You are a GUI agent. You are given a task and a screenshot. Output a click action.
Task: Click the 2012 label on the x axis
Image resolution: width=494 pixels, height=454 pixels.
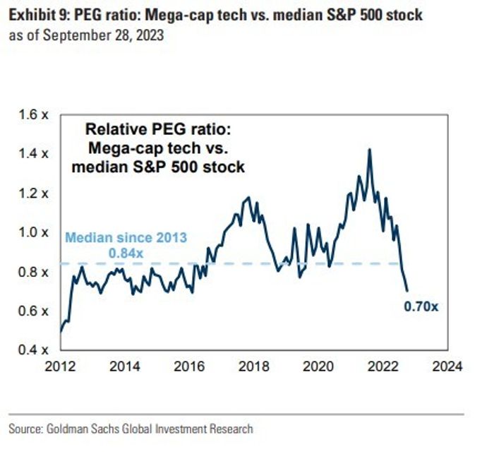click(x=60, y=366)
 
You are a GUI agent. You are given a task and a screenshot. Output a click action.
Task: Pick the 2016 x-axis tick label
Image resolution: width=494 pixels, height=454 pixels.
click(x=188, y=366)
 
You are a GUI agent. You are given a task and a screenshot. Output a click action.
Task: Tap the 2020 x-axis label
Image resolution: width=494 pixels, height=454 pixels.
click(x=318, y=366)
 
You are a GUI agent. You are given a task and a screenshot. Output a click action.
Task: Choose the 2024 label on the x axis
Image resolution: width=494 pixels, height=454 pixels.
click(x=447, y=366)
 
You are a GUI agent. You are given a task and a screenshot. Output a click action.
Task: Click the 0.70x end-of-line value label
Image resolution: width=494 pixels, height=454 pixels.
click(x=421, y=306)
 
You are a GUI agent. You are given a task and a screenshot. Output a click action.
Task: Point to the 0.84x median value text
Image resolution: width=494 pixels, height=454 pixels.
click(x=126, y=252)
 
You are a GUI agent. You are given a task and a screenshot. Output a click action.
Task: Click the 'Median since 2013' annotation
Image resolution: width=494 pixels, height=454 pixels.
click(x=126, y=238)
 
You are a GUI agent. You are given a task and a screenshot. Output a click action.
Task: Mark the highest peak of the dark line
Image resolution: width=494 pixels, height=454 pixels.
click(x=370, y=149)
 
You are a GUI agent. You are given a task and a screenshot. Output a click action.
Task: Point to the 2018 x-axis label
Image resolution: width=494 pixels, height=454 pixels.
click(x=253, y=366)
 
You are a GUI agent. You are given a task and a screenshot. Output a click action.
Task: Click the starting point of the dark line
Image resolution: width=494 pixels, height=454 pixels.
click(x=61, y=330)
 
